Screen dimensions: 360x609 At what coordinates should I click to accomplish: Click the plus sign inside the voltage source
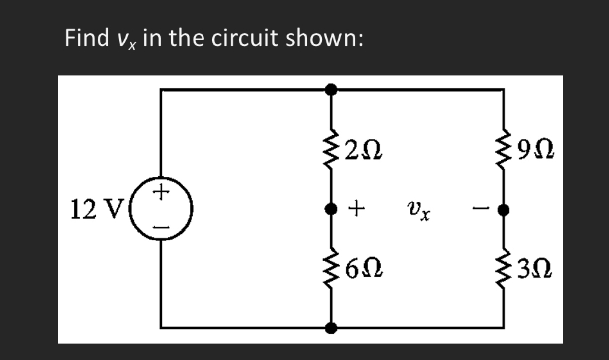tap(161, 191)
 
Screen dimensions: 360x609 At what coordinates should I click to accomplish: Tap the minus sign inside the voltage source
tap(161, 227)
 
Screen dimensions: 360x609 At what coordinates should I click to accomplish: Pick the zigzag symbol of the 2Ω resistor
tap(330, 149)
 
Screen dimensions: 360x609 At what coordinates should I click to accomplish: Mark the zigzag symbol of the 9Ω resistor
tap(504, 148)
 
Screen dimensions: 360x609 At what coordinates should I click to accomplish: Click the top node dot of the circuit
tap(331, 90)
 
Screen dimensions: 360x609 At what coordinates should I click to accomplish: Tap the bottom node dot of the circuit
tap(331, 328)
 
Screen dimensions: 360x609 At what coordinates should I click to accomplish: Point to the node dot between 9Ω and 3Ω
tap(504, 210)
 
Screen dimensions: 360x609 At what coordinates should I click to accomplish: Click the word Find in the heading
tap(86, 39)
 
